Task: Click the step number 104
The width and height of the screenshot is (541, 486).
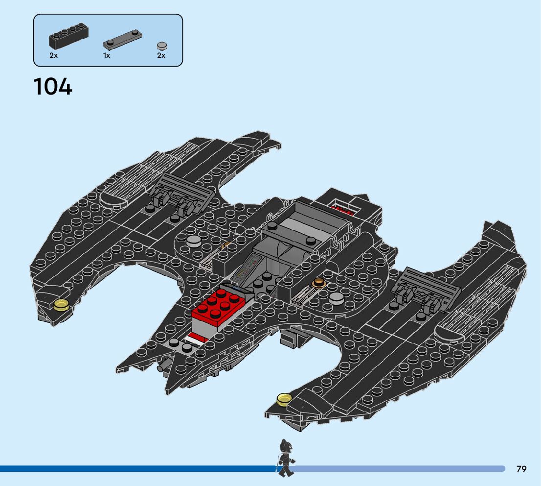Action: click(53, 87)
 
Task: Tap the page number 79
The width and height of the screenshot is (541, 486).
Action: click(521, 469)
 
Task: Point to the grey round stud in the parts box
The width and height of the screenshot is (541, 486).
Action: click(162, 46)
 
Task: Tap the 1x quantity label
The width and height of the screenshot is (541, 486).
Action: click(106, 56)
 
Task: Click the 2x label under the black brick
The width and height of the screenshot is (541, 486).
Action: click(54, 56)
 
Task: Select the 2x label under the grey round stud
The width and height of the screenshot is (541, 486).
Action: click(161, 56)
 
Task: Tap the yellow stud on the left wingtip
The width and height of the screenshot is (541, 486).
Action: click(62, 305)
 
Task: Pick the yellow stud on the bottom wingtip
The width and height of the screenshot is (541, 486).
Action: click(283, 399)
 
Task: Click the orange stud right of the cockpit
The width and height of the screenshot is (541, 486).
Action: click(318, 283)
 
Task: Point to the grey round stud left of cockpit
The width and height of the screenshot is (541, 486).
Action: click(194, 240)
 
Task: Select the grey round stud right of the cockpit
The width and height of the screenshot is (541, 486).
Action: click(336, 297)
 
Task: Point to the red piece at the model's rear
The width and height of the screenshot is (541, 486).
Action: click(342, 211)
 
